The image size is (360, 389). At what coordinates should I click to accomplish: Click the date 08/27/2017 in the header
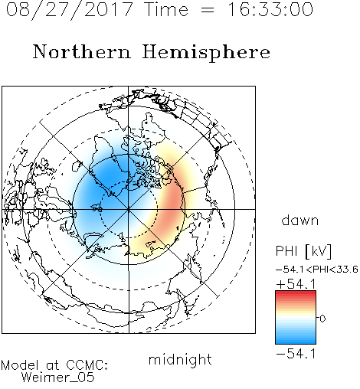70,10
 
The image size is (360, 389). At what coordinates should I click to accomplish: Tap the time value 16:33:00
270,9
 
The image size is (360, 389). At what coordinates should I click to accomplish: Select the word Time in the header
166,9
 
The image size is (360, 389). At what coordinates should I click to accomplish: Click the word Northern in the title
82,51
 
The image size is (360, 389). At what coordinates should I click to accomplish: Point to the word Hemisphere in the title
206,53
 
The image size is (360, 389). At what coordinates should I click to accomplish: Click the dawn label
300,221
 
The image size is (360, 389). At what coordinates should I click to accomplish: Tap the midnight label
180,359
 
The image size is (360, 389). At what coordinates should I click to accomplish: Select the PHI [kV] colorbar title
303,251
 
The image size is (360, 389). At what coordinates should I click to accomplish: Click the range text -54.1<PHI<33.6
317,270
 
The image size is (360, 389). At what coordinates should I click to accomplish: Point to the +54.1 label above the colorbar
296,284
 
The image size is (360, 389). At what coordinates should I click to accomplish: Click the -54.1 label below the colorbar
296,354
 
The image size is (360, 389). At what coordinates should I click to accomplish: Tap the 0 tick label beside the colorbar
322,319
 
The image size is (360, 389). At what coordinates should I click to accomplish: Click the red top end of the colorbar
296,293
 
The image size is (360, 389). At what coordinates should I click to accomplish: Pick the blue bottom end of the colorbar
296,342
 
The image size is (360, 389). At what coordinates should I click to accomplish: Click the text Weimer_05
58,378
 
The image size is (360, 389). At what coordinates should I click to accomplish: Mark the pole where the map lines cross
129,209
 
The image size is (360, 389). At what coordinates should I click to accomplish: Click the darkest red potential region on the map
172,204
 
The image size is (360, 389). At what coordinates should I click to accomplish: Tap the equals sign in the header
208,10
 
